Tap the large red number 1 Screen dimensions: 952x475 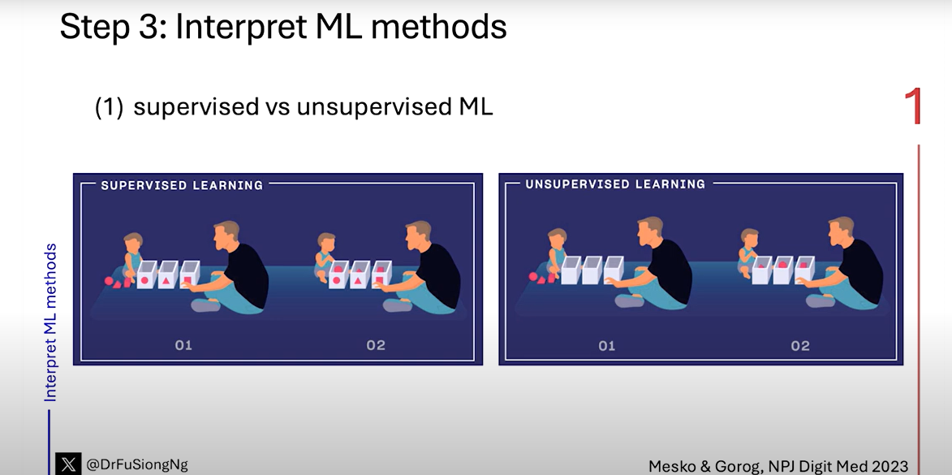tap(913, 106)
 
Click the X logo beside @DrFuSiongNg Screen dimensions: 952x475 tap(68, 464)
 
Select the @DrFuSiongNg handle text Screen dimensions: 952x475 tap(136, 465)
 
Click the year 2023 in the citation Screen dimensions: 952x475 tap(887, 466)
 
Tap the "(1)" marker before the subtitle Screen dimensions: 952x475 tap(110, 107)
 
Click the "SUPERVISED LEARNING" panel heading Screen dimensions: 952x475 tap(182, 185)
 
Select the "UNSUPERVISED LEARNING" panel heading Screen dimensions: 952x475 tap(615, 184)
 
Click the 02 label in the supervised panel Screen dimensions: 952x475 tap(376, 345)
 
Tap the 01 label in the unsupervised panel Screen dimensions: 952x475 tap(606, 346)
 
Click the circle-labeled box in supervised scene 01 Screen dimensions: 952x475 tap(146, 275)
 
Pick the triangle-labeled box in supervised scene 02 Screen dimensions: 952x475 tap(360, 275)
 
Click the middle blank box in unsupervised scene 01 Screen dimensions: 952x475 tap(592, 270)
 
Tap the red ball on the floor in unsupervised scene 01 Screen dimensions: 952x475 tap(533, 276)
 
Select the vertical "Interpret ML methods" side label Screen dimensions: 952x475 tap(50, 322)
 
